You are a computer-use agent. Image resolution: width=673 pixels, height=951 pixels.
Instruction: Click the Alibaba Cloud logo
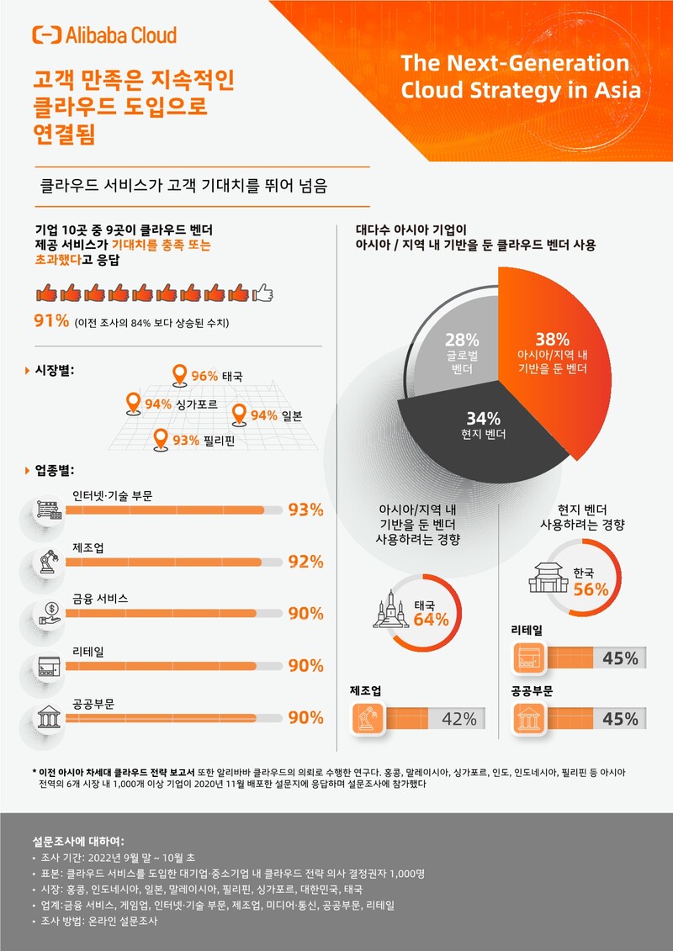[103, 34]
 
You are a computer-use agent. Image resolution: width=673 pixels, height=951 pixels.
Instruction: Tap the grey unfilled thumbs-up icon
[263, 293]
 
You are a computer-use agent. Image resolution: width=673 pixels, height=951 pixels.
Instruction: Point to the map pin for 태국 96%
[178, 375]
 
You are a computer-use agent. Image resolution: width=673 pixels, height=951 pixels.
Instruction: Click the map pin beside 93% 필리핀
[161, 439]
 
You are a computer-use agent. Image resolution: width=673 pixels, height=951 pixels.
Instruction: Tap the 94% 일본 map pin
[238, 415]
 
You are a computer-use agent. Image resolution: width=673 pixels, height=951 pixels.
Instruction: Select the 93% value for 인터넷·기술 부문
[305, 510]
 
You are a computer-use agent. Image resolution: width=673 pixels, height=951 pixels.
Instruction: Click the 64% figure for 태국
[431, 621]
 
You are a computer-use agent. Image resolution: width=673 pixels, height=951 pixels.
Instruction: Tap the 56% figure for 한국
[591, 589]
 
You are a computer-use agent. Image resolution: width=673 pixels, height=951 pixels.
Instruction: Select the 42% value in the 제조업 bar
[459, 719]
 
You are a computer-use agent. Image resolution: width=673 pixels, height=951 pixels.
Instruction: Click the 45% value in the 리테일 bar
[620, 658]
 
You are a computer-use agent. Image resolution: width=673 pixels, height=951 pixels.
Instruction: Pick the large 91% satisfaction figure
[50, 322]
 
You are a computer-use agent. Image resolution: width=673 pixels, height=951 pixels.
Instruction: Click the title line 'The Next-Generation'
[515, 63]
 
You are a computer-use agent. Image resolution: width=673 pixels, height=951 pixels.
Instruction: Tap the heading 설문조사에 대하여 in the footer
[78, 841]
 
